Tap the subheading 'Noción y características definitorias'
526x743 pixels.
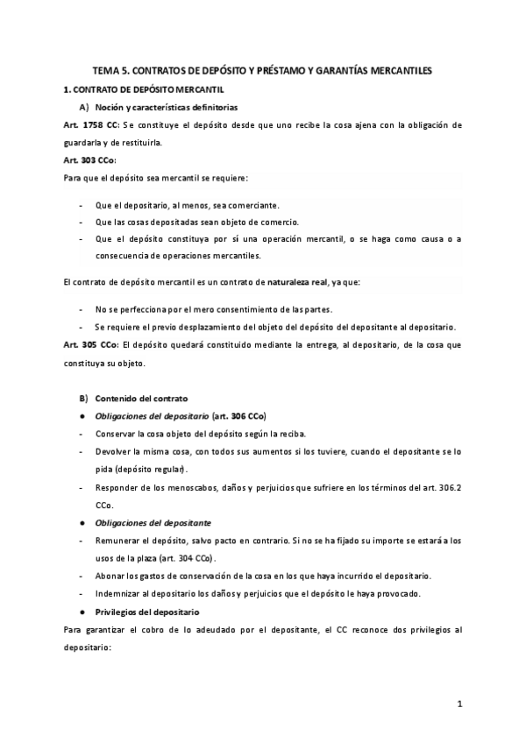[166, 107]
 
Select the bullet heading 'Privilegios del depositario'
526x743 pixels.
[146, 611]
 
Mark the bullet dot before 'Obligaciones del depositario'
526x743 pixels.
[82, 416]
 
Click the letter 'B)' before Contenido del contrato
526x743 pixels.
[83, 399]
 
